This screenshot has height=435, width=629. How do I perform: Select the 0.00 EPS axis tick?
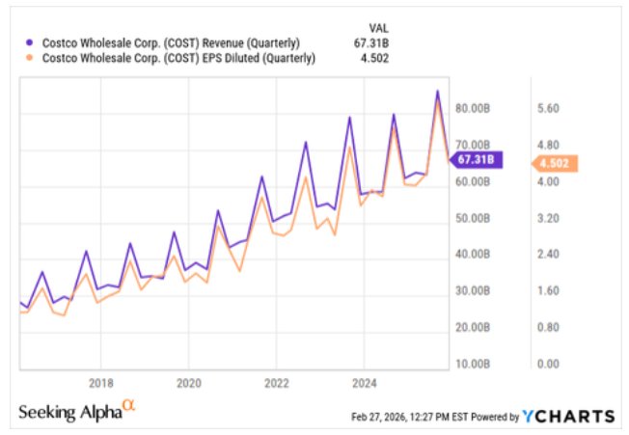548,364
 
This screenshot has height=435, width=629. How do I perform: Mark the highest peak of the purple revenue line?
437,92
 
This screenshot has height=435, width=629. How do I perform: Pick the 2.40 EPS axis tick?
548,255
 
